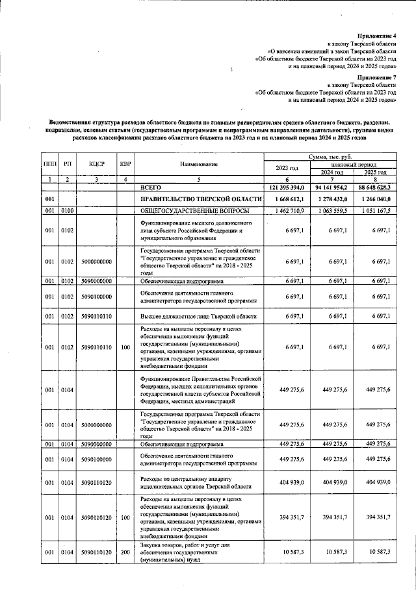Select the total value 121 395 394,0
pyautogui.click(x=287, y=187)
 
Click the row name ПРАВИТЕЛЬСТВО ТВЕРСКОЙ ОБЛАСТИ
pyautogui.click(x=197, y=199)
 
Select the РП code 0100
pyautogui.click(x=67, y=211)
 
